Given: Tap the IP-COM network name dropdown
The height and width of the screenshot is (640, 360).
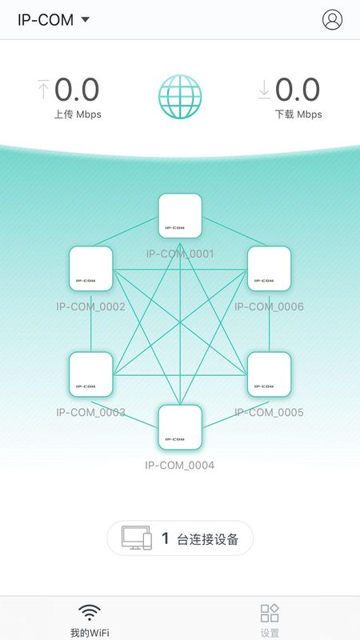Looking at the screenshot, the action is click(x=53, y=19).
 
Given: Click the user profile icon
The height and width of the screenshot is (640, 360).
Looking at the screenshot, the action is click(x=332, y=19).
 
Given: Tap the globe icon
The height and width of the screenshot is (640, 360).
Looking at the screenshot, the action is click(x=180, y=97).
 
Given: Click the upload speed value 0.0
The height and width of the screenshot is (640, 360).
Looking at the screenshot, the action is click(x=77, y=90).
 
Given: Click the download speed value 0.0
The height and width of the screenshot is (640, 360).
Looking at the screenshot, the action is click(x=297, y=90).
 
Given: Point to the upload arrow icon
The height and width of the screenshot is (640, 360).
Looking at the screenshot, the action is click(x=43, y=90).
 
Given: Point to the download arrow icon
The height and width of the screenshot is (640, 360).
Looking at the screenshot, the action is click(x=264, y=90).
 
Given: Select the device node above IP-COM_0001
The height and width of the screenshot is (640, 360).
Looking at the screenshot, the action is click(x=180, y=215).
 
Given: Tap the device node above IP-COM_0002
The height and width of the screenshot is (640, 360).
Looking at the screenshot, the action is click(x=90, y=269).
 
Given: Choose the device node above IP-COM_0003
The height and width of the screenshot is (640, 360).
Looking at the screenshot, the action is click(x=90, y=374).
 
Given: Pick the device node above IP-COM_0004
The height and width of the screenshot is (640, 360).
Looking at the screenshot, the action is click(x=180, y=427).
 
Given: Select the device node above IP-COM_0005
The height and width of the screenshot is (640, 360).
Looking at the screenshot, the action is click(x=270, y=374).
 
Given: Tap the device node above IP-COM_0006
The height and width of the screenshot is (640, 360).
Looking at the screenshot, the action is click(x=270, y=269).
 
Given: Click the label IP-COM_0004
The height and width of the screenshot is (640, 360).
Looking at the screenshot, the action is click(x=179, y=465).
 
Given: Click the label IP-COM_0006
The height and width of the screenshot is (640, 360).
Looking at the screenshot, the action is click(x=269, y=306).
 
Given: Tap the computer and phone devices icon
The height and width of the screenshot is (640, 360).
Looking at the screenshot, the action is click(x=137, y=538).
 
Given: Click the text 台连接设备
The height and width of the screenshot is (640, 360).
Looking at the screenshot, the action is click(x=207, y=539).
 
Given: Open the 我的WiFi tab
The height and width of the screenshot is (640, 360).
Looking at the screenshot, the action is click(x=90, y=622).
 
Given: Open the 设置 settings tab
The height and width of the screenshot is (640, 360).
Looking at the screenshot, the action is click(x=270, y=622).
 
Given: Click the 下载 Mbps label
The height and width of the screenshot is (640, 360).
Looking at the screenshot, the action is click(x=298, y=114).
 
